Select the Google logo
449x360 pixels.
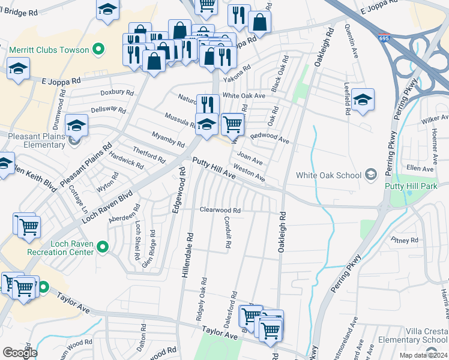pyautogui.click(x=20, y=353)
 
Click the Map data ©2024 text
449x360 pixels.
pyautogui.click(x=423, y=355)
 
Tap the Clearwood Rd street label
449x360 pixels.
pyautogui.click(x=220, y=211)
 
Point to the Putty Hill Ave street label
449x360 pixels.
pyautogui.click(x=214, y=167)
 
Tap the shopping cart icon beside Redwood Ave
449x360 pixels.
pyautogui.click(x=232, y=124)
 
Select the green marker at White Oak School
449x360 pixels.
pyautogui.click(x=371, y=175)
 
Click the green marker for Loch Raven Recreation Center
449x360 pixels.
pyautogui.click(x=102, y=247)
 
